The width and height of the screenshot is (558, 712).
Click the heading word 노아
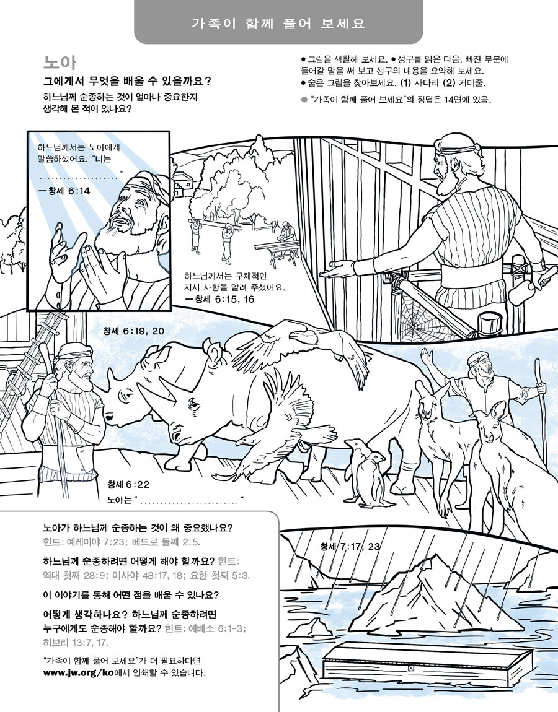(x=60, y=62)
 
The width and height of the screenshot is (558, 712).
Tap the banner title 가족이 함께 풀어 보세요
(x=278, y=24)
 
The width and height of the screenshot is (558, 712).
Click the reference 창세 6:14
(x=64, y=191)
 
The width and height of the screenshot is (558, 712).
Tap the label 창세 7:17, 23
(x=350, y=546)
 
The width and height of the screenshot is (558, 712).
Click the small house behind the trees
(x=182, y=183)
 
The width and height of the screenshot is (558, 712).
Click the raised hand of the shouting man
(x=426, y=357)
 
